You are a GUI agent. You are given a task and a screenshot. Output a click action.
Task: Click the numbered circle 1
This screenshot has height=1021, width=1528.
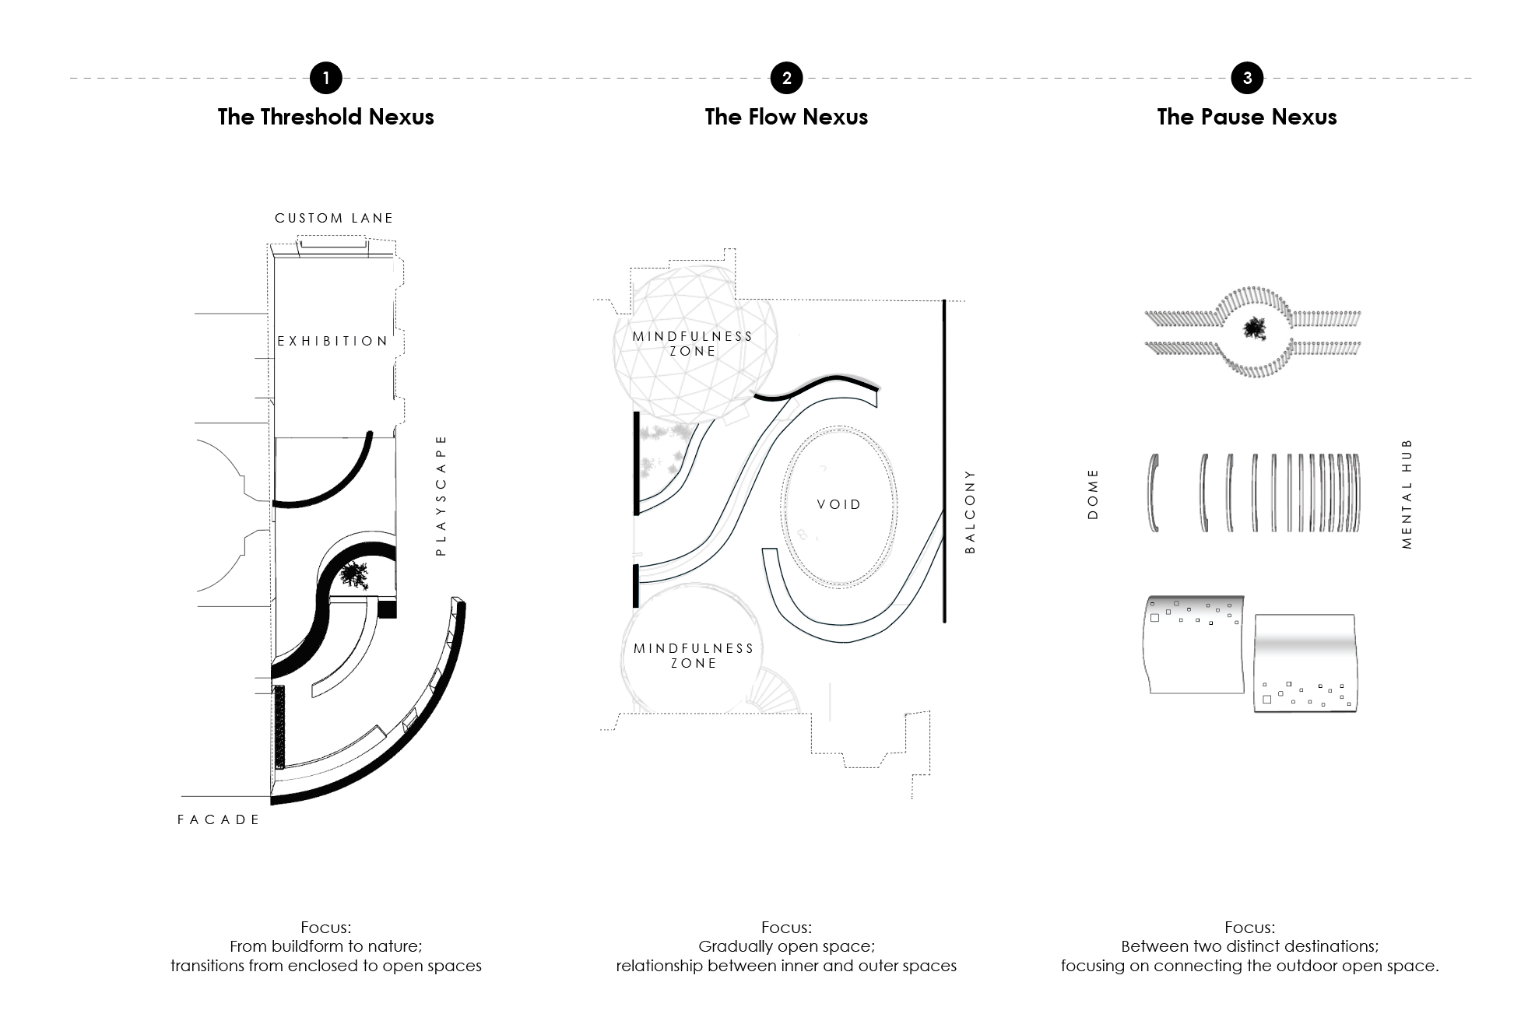[325, 78]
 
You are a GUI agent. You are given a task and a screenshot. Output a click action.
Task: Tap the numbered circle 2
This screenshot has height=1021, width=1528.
[786, 78]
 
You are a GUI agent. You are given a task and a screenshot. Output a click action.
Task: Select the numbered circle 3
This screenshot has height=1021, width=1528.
[1247, 78]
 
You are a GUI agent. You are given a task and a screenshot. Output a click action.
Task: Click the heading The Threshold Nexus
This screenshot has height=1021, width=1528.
[325, 117]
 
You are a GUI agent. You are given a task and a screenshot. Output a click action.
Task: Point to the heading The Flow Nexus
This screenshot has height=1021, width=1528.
[786, 117]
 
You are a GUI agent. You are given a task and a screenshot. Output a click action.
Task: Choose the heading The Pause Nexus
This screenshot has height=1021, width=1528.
[1247, 117]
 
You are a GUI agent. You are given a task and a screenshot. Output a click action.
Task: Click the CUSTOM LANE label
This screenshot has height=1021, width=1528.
[334, 218]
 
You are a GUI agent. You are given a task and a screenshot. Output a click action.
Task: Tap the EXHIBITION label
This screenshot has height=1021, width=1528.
[332, 341]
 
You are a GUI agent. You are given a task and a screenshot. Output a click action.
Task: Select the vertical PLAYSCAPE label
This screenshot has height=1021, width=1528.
[441, 495]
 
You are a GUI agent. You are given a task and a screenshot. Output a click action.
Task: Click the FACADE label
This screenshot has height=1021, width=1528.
[219, 819]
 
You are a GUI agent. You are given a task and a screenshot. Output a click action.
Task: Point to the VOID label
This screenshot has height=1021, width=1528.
[839, 504]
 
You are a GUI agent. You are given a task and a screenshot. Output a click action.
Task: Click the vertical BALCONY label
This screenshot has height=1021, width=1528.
[970, 511]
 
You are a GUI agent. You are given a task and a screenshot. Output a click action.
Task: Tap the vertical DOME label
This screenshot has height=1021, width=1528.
[1093, 494]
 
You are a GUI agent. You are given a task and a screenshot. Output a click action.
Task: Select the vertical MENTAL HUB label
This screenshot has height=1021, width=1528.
[1407, 494]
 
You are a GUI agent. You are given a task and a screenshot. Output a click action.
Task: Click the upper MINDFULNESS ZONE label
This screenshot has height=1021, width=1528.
[693, 343]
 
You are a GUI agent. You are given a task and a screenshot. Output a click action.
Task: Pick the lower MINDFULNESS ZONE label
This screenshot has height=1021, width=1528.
[694, 655]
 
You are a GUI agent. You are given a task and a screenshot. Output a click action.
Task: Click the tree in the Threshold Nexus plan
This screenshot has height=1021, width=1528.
[355, 575]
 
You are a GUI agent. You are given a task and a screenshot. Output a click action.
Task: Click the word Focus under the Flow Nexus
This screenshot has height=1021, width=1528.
[786, 928]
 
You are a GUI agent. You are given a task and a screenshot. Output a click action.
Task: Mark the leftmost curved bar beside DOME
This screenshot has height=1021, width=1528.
[1151, 493]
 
